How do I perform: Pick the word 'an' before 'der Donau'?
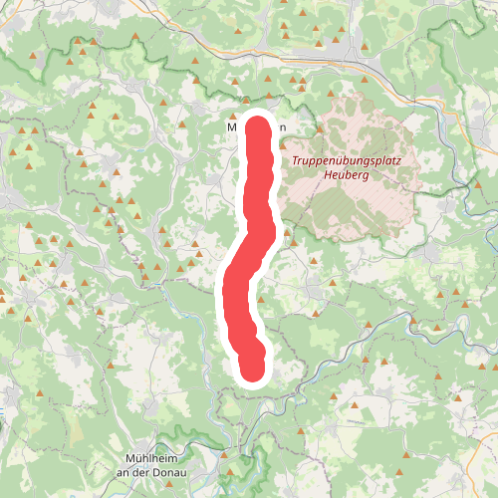124,471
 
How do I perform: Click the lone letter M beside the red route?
232,127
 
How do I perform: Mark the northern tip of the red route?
259,124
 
